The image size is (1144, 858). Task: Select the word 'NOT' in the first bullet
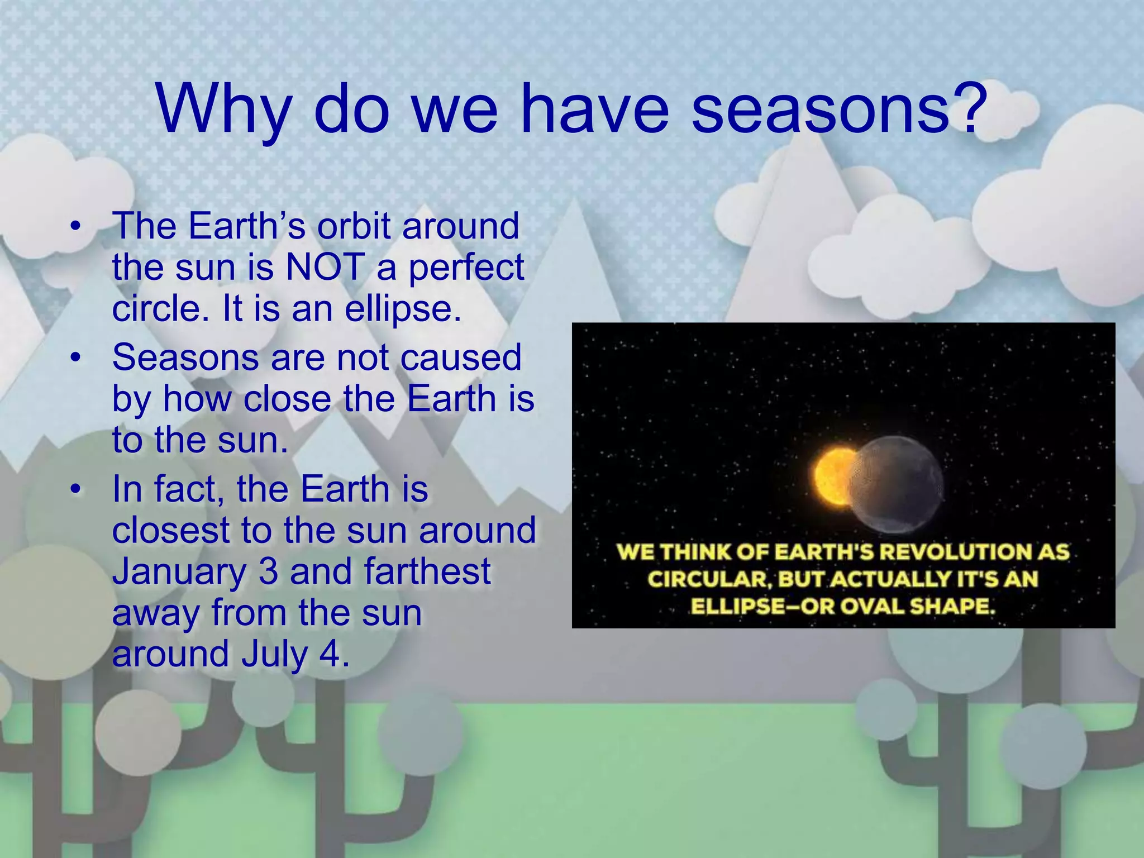pyautogui.click(x=325, y=267)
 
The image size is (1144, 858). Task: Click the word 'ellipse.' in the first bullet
pyautogui.click(x=403, y=308)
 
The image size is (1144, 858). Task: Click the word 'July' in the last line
pyautogui.click(x=274, y=654)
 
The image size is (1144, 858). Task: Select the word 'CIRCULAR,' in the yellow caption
pyautogui.click(x=709, y=579)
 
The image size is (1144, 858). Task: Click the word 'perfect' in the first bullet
pyautogui.click(x=466, y=267)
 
